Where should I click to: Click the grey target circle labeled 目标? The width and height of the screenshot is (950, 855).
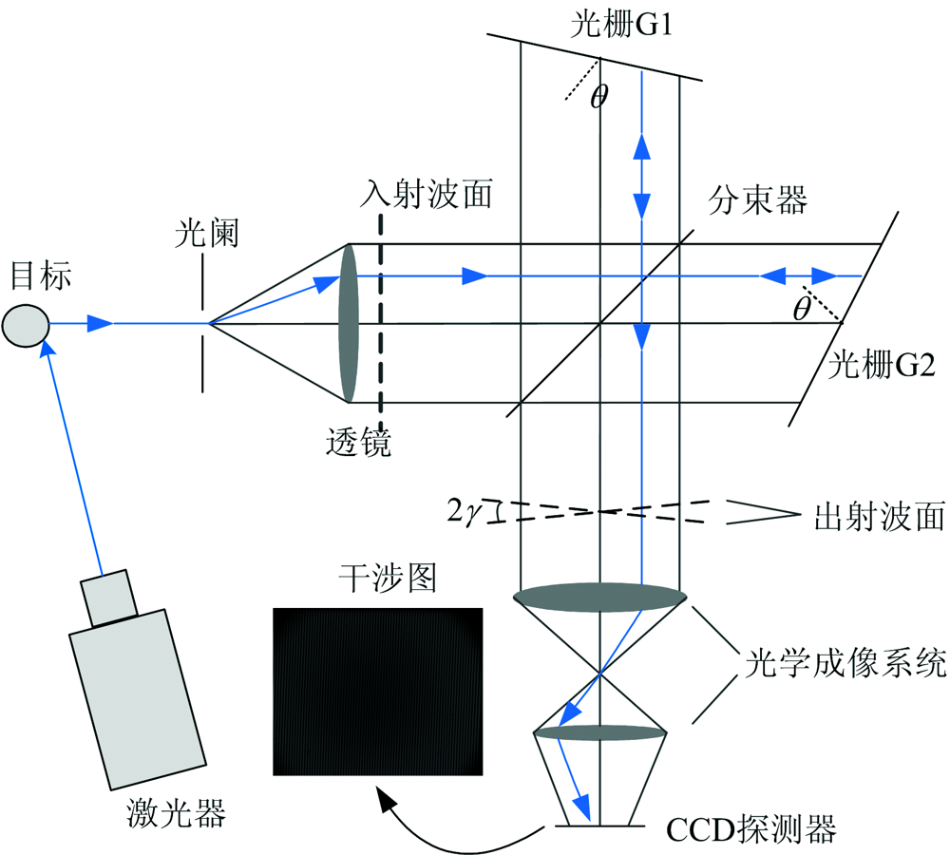point(25,324)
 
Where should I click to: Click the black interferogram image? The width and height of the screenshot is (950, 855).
point(377,691)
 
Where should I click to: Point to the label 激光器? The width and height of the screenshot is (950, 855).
point(176,812)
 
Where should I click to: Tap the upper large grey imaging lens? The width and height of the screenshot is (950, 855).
point(599,597)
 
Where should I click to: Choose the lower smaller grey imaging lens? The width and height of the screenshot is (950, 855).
point(598,732)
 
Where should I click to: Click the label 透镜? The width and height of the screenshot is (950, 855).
point(356,443)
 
